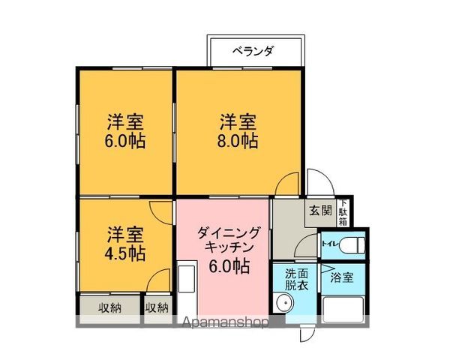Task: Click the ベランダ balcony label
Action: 253,51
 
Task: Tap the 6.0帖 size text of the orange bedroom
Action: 125,140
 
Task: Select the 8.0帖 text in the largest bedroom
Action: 238,140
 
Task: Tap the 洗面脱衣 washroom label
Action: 296,280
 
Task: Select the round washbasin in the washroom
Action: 283,304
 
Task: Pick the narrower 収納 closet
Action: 157,307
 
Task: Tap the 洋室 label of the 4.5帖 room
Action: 125,232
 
